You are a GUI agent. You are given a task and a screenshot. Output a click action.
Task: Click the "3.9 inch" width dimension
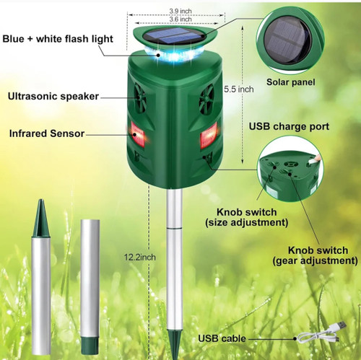(x=180, y=11)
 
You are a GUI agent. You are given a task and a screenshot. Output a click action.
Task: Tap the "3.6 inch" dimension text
(x=180, y=19)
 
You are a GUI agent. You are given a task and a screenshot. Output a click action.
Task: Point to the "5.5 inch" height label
(x=239, y=89)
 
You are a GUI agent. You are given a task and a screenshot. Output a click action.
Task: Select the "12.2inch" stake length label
(x=140, y=257)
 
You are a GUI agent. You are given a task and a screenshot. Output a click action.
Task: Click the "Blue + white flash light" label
(x=58, y=39)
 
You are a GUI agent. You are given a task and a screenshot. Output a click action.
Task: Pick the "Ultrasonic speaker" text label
(x=53, y=96)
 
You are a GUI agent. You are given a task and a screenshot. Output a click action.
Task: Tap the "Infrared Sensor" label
(x=47, y=133)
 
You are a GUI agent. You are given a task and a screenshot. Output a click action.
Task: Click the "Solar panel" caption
(x=290, y=82)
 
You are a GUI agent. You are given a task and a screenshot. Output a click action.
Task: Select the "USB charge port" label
(x=289, y=126)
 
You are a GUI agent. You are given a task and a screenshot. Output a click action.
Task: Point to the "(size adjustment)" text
(x=247, y=222)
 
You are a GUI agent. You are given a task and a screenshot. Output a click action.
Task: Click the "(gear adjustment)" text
(x=315, y=260)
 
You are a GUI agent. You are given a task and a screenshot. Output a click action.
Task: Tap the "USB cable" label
(x=222, y=338)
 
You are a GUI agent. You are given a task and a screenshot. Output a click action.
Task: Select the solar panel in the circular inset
(x=287, y=40)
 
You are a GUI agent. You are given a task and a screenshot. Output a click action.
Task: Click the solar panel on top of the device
(x=174, y=36)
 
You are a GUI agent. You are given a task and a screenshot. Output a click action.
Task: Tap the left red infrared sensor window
(x=138, y=133)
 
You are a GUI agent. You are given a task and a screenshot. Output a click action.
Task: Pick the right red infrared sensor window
(x=209, y=136)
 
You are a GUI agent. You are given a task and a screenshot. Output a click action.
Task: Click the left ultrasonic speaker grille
(x=140, y=98)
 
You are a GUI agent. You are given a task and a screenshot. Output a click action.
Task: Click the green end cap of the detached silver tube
(x=90, y=345)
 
